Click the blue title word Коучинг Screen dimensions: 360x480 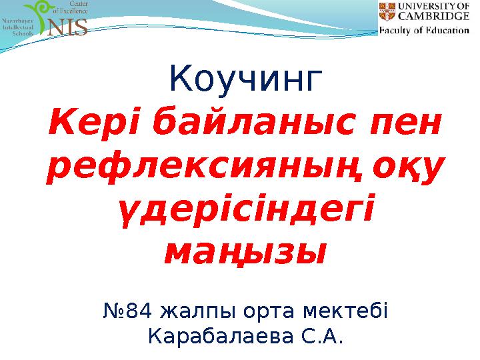tap(246, 79)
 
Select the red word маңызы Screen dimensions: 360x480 tap(245, 253)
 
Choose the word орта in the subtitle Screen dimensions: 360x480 tap(281, 311)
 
